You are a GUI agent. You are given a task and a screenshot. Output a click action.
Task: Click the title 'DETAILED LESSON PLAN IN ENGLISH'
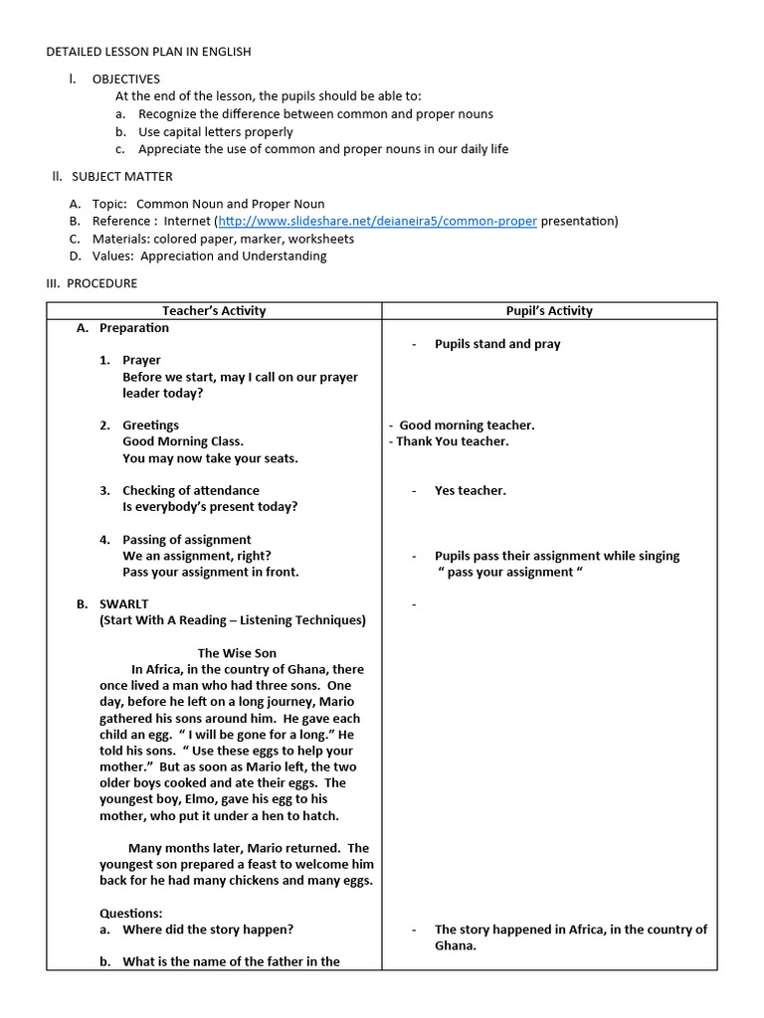click(x=149, y=52)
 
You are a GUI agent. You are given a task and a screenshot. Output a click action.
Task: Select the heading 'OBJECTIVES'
click(x=125, y=80)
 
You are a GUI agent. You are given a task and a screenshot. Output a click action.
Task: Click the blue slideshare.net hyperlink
click(x=377, y=221)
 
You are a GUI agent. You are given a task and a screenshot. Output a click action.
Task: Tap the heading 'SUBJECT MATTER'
click(x=121, y=177)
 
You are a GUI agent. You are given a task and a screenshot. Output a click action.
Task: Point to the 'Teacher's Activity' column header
click(x=214, y=311)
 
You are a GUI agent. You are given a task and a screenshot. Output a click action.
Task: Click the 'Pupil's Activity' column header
click(x=549, y=311)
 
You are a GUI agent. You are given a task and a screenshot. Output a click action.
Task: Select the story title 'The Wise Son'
click(x=237, y=653)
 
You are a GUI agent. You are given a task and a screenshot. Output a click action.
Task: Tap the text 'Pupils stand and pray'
click(x=497, y=344)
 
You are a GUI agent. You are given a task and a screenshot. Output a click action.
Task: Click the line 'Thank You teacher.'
click(x=452, y=441)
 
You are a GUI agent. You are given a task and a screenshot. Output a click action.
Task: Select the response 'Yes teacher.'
click(x=470, y=490)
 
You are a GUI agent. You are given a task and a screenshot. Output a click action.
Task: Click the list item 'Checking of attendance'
click(x=190, y=490)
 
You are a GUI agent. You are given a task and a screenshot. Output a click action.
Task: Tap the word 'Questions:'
click(x=130, y=914)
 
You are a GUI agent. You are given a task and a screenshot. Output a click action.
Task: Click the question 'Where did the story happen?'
click(x=208, y=930)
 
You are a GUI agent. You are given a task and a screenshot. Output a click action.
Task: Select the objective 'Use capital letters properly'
click(x=216, y=131)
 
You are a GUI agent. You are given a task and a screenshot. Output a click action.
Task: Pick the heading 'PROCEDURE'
click(x=101, y=283)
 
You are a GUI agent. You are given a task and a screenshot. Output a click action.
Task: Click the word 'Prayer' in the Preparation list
click(x=141, y=360)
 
